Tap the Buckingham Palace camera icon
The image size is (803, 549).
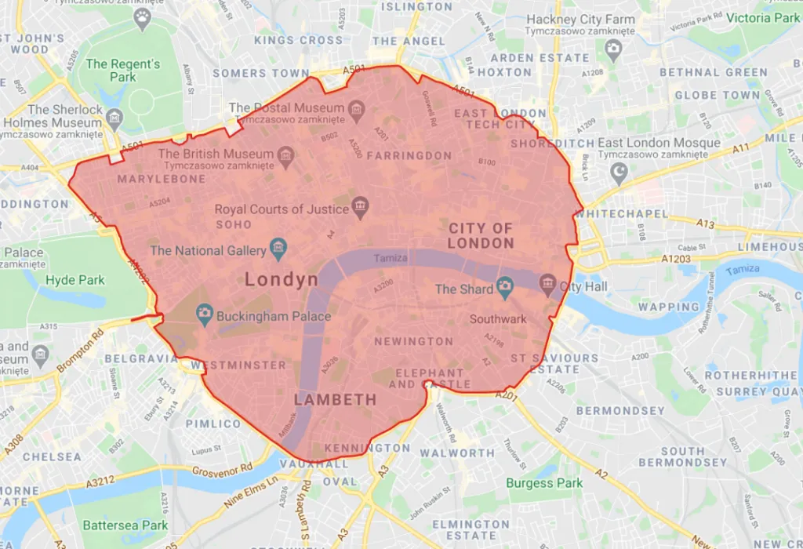(x=205, y=317)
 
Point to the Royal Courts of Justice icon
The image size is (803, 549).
(x=361, y=209)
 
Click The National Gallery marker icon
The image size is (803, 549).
(x=278, y=250)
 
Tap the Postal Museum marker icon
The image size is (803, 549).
(x=357, y=107)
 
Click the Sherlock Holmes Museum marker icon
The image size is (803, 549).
(x=114, y=119)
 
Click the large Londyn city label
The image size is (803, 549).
(x=282, y=279)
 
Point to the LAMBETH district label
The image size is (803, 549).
(x=335, y=400)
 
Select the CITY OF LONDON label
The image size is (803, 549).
(x=481, y=235)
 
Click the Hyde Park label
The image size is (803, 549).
(x=75, y=279)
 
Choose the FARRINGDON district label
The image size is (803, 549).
(x=409, y=155)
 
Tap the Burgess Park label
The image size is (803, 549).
(x=544, y=483)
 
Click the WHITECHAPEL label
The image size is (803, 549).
(x=621, y=213)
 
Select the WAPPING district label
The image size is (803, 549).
(x=669, y=307)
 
